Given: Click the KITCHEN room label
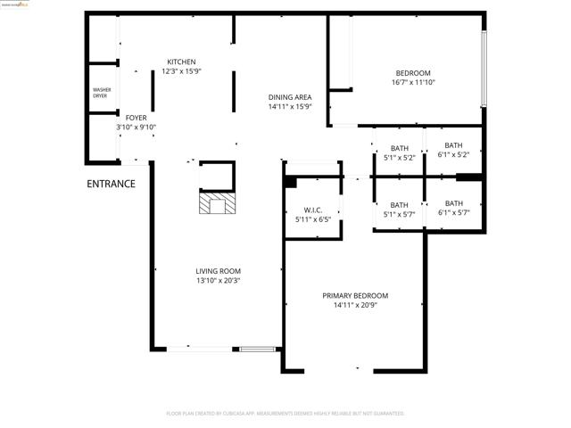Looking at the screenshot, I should coord(181,62).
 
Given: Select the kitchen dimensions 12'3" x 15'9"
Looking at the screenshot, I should coord(181,71).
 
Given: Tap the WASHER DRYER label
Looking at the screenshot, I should coord(101,93).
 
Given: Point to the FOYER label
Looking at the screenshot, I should coord(136,118).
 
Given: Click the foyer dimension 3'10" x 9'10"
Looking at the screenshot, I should coord(136,128).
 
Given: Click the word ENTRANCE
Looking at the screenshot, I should coord(111,185).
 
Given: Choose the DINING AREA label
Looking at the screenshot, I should coord(290,97).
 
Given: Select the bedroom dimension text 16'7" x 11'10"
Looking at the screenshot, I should coord(413,83).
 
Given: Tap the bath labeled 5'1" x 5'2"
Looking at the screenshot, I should coord(399,152).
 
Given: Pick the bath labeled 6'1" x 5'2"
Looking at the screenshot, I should coord(453,150).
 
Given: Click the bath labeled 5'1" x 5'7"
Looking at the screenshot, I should coord(399,210).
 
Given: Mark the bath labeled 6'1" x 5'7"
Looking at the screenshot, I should coord(453,208).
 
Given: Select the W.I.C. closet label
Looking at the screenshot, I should coord(301,210).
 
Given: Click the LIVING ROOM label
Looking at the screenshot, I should coord(219,271).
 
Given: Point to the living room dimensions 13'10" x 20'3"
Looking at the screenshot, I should coord(219,281).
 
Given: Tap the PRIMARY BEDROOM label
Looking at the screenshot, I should coord(355,295).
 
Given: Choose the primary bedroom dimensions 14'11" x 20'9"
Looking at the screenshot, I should coord(355,305).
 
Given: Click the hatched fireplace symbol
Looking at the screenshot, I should coord(219,206).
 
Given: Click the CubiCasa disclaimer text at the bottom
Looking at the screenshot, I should coord(285,414).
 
